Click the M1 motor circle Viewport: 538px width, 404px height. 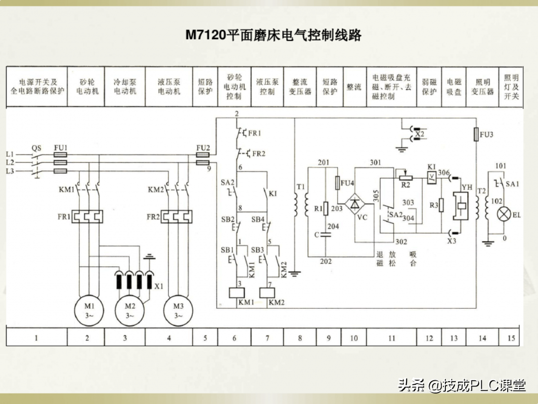[89, 311]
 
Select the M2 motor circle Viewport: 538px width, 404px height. [130, 311]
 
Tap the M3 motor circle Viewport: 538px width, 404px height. [178, 311]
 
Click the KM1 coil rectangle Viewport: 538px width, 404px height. [237, 293]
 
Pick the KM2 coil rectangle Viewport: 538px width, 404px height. [267, 293]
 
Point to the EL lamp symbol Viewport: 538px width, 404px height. [504, 214]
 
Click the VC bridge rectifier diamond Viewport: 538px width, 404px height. [355, 203]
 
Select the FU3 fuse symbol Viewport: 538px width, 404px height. [476, 134]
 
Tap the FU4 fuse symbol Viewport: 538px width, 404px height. [338, 183]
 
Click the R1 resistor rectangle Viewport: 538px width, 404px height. [326, 208]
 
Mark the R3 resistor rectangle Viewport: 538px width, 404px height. [441, 205]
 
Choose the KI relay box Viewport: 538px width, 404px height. [431, 178]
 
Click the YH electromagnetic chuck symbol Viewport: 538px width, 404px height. [460, 206]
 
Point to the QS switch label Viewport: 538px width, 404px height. [36, 148]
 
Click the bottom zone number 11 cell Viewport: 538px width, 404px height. [392, 337]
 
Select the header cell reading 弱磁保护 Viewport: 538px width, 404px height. [429, 87]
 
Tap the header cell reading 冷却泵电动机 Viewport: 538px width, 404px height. [125, 87]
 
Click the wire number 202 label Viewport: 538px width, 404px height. [326, 261]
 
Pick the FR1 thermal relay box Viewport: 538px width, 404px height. [87, 217]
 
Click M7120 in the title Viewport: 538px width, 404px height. [206, 35]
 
